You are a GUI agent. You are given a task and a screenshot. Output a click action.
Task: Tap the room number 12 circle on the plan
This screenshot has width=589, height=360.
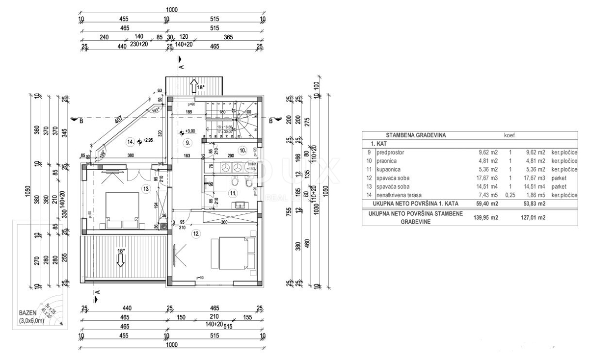click(196, 234)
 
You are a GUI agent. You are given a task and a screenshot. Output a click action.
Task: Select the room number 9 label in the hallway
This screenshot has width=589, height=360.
click(187, 143)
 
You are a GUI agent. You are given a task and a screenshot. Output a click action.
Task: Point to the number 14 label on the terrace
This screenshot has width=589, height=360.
click(131, 142)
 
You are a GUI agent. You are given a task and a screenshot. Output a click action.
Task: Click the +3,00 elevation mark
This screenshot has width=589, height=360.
click(188, 131)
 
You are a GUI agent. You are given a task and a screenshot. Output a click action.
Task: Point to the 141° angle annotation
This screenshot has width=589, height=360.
click(157, 110)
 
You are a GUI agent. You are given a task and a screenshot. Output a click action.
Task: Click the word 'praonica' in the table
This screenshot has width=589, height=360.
click(386, 160)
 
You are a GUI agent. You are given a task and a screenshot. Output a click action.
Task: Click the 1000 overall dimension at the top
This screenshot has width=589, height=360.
click(172, 10)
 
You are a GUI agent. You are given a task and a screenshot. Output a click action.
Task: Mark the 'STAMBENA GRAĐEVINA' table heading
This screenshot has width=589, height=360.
click(416, 135)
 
